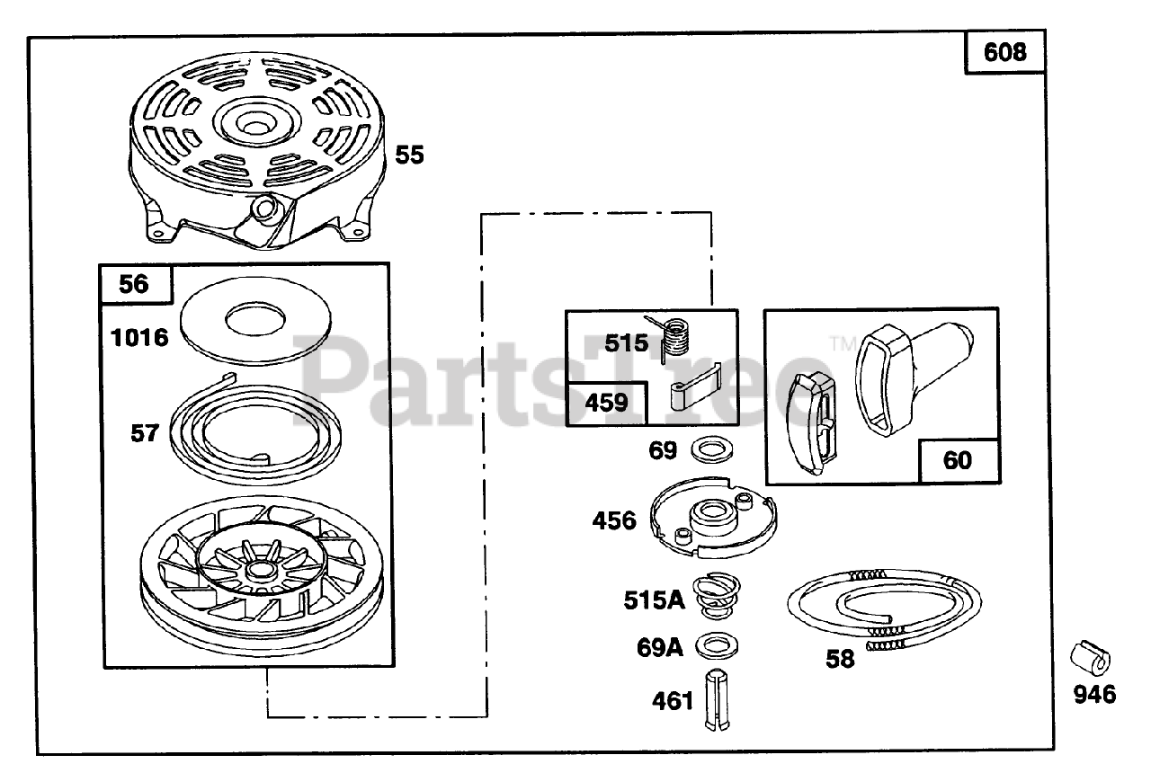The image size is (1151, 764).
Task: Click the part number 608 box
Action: click(1004, 52)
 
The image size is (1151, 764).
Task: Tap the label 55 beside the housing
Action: click(409, 155)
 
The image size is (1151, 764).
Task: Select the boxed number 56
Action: click(134, 284)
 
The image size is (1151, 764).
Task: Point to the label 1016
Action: click(139, 338)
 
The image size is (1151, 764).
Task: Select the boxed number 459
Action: click(606, 403)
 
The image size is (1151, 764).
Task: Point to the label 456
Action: click(614, 520)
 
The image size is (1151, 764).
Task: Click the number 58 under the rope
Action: click(840, 659)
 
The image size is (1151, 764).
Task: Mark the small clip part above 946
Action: click(1089, 659)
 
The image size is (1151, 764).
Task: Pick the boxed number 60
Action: click(958, 460)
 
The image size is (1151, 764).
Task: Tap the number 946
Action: click(1093, 695)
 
